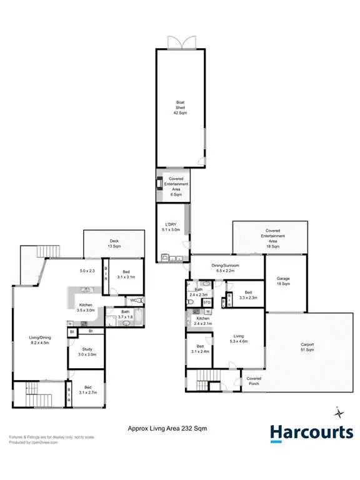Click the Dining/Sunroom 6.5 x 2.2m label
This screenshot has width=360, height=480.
coord(227,269)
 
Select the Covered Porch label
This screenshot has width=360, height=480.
coord(253,381)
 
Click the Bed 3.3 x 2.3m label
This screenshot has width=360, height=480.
coord(247,295)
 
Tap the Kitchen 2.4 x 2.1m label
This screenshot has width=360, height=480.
coord(203,321)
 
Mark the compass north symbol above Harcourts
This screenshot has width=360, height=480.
coord(338,412)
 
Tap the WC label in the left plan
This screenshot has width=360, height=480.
coord(134,300)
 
